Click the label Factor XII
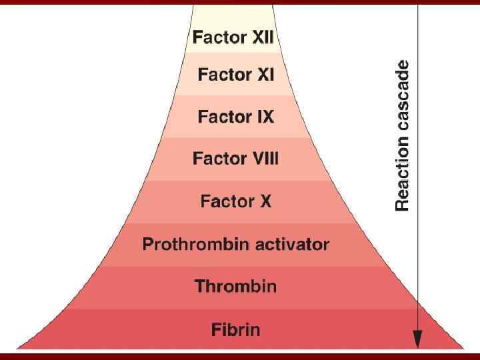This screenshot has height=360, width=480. pyautogui.click(x=233, y=37)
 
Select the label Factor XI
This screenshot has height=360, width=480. pyautogui.click(x=235, y=75)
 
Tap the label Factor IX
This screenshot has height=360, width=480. pyautogui.click(x=235, y=117)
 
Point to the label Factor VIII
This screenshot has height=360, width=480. pyautogui.click(x=235, y=159)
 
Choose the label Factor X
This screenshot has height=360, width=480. pyautogui.click(x=235, y=201)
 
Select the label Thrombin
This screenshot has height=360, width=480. pyautogui.click(x=235, y=287)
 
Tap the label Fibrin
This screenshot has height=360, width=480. pyautogui.click(x=235, y=329)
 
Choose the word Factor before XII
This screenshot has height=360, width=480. pyautogui.click(x=215, y=37)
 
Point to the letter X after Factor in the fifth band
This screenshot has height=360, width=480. pyautogui.click(x=265, y=201)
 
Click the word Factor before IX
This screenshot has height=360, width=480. pyautogui.click(x=221, y=117)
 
